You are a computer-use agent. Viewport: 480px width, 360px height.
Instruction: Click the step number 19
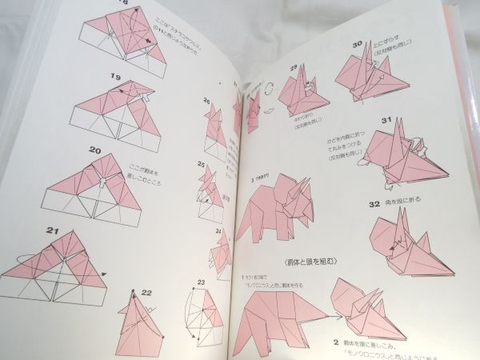pos(117,77)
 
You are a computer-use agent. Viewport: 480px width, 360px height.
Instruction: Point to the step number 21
pos(31,232)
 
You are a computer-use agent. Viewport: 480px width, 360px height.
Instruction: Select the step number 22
pos(146,293)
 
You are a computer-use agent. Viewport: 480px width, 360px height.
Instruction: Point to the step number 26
pos(206,102)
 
